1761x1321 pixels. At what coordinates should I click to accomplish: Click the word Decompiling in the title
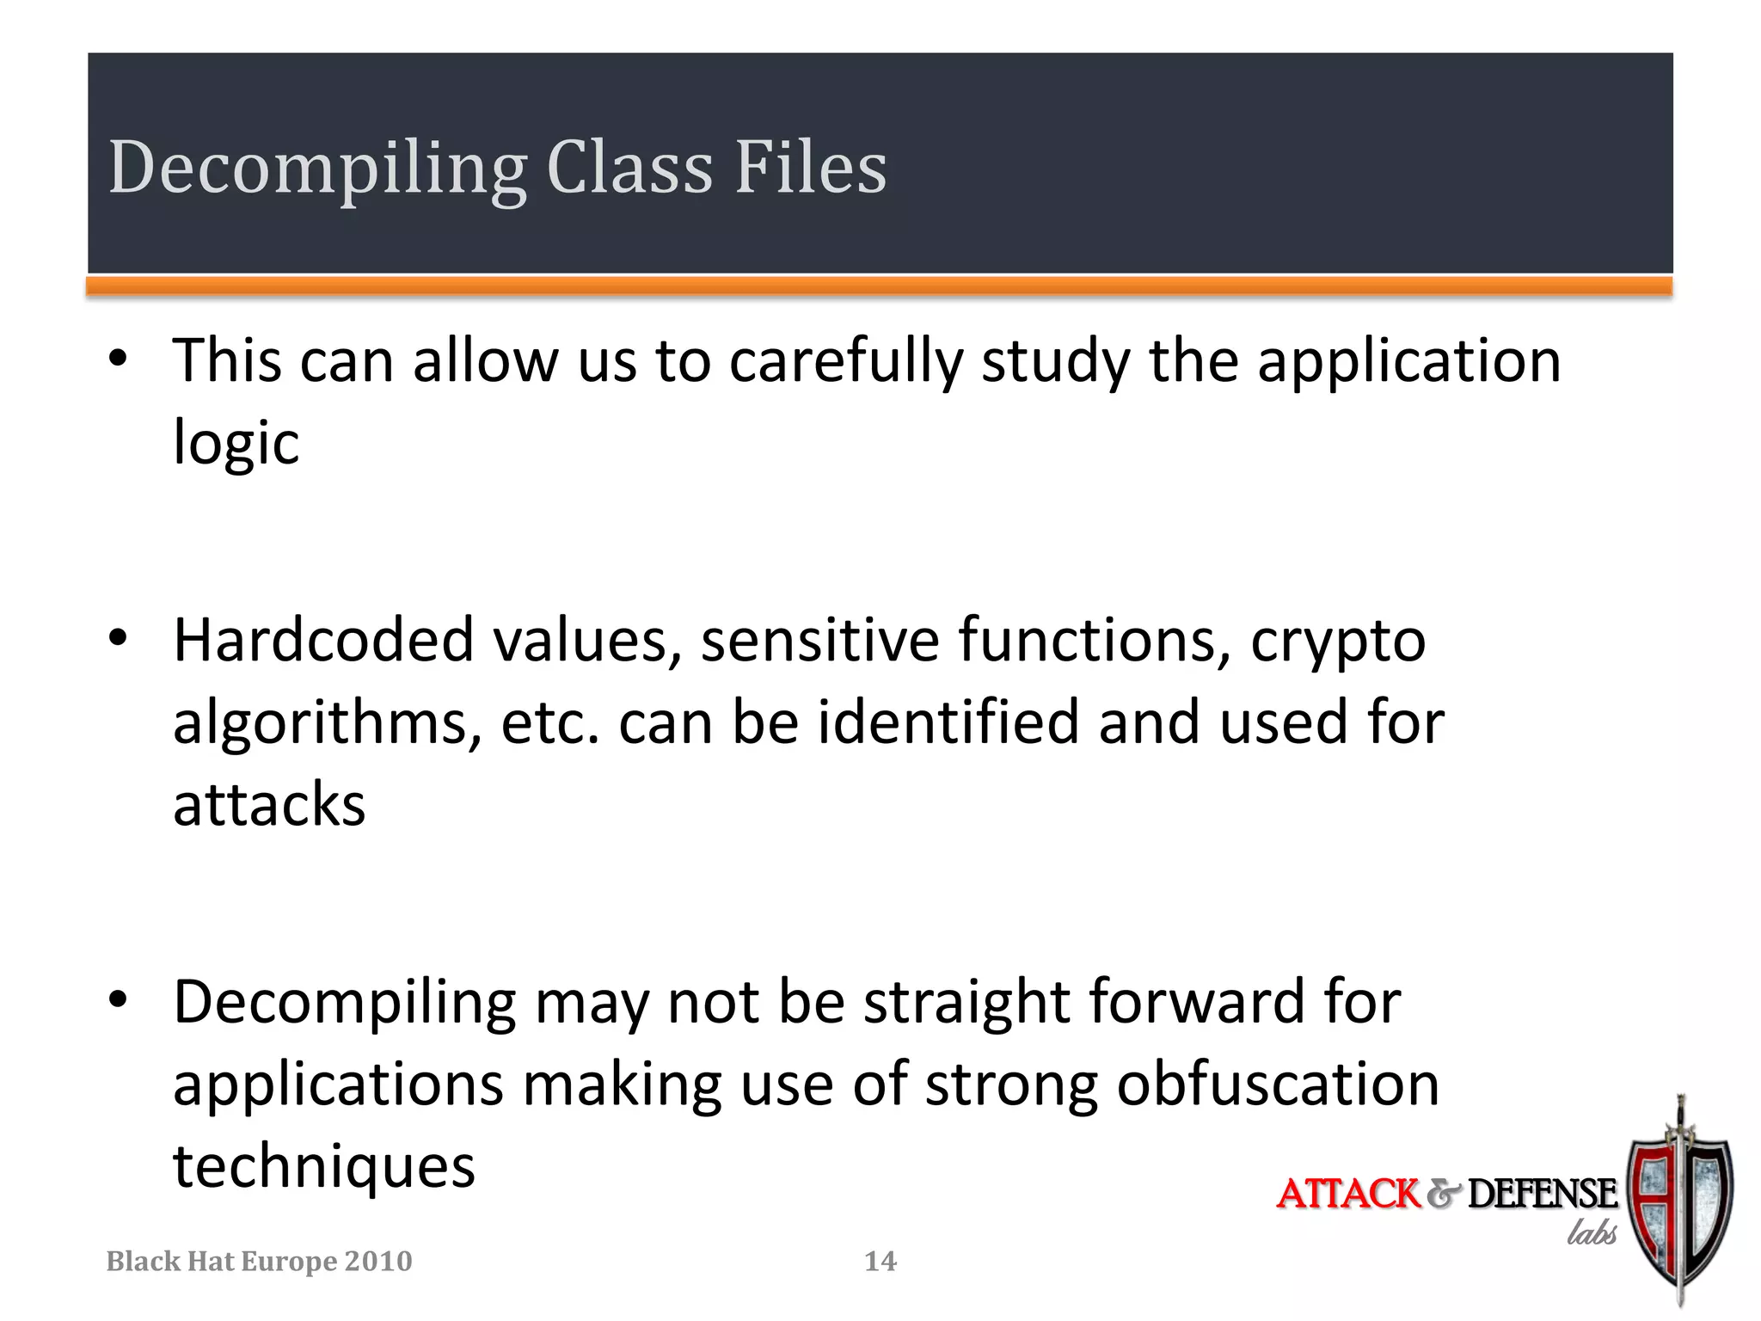[x=316, y=169]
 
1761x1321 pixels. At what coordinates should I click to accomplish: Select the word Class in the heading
[x=629, y=167]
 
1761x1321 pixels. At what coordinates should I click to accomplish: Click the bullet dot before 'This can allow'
[x=119, y=359]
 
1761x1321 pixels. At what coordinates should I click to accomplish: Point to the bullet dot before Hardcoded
[x=119, y=638]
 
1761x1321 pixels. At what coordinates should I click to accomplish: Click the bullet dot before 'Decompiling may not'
[x=119, y=999]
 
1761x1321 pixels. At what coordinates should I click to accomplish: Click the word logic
[x=236, y=442]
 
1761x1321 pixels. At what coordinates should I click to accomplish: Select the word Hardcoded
[x=323, y=640]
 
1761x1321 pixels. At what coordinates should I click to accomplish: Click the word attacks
[x=269, y=805]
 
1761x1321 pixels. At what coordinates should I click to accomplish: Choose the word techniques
[x=323, y=1168]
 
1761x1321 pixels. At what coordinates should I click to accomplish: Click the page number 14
[x=880, y=1261]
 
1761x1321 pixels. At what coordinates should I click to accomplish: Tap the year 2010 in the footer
[x=377, y=1261]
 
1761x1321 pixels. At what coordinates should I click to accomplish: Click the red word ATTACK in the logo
[x=1347, y=1194]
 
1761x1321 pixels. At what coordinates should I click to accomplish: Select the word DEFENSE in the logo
[x=1542, y=1194]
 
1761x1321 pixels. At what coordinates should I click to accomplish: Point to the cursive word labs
[x=1591, y=1233]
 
